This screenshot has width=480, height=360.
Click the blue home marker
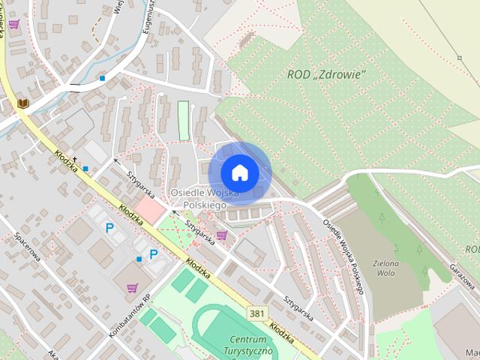[x=239, y=172]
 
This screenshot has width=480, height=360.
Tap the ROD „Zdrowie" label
[x=326, y=74]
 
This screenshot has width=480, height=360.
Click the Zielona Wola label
[x=385, y=268]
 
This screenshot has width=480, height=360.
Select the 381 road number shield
[x=257, y=313]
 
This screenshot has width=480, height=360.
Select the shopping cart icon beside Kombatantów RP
[x=132, y=287]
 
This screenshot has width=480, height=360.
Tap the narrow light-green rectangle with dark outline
[x=184, y=120]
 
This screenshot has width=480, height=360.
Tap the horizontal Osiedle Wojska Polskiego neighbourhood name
[x=204, y=198]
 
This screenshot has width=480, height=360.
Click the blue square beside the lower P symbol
[x=139, y=259]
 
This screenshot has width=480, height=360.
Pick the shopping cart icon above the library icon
[x=13, y=24]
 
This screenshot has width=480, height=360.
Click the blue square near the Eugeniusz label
[x=102, y=78]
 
